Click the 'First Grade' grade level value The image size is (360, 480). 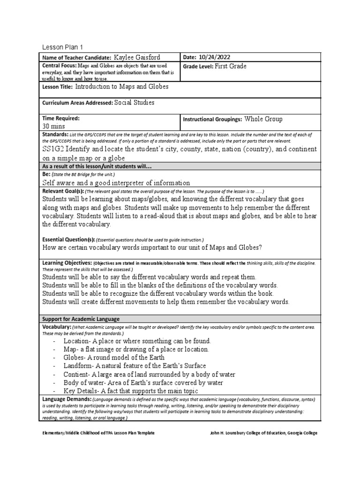coord(231,67)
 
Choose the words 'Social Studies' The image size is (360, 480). coord(134,103)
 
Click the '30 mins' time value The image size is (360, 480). coord(53,126)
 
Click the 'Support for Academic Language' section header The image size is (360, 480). coord(81,319)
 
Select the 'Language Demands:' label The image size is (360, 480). coord(66,399)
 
